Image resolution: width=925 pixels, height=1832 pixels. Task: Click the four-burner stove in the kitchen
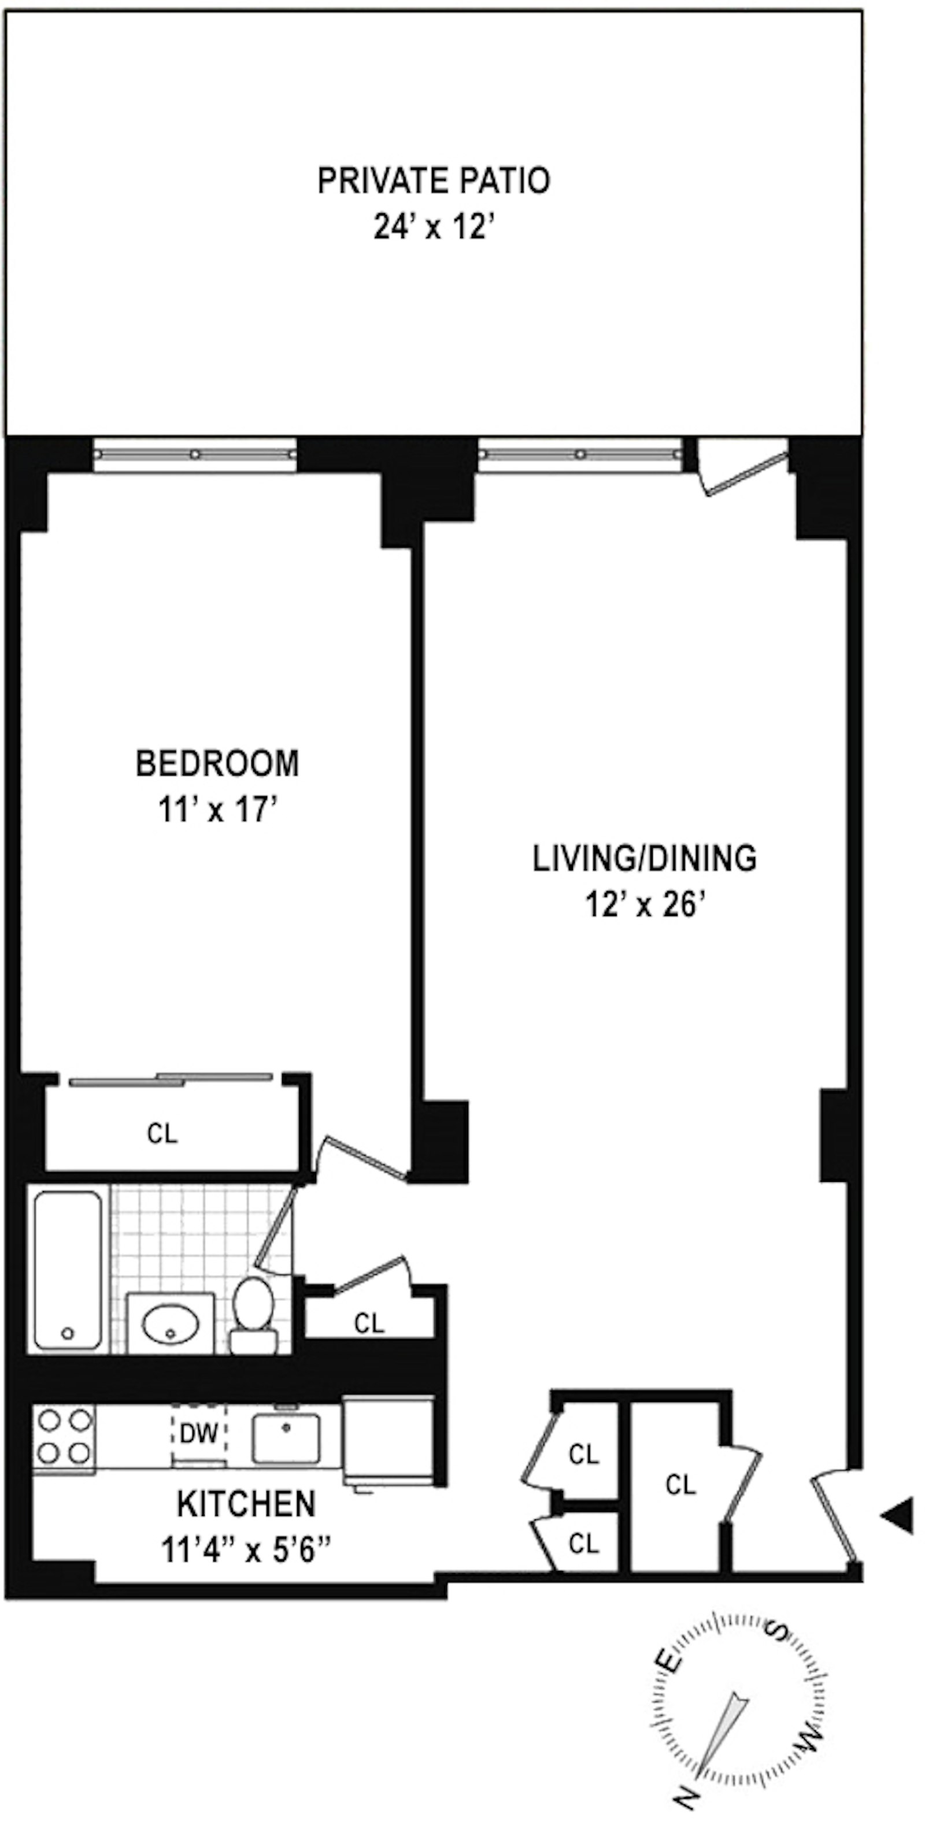tap(65, 1437)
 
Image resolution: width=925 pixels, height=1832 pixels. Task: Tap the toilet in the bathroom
tap(253, 1314)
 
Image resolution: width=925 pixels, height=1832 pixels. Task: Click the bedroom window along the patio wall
tap(195, 454)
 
